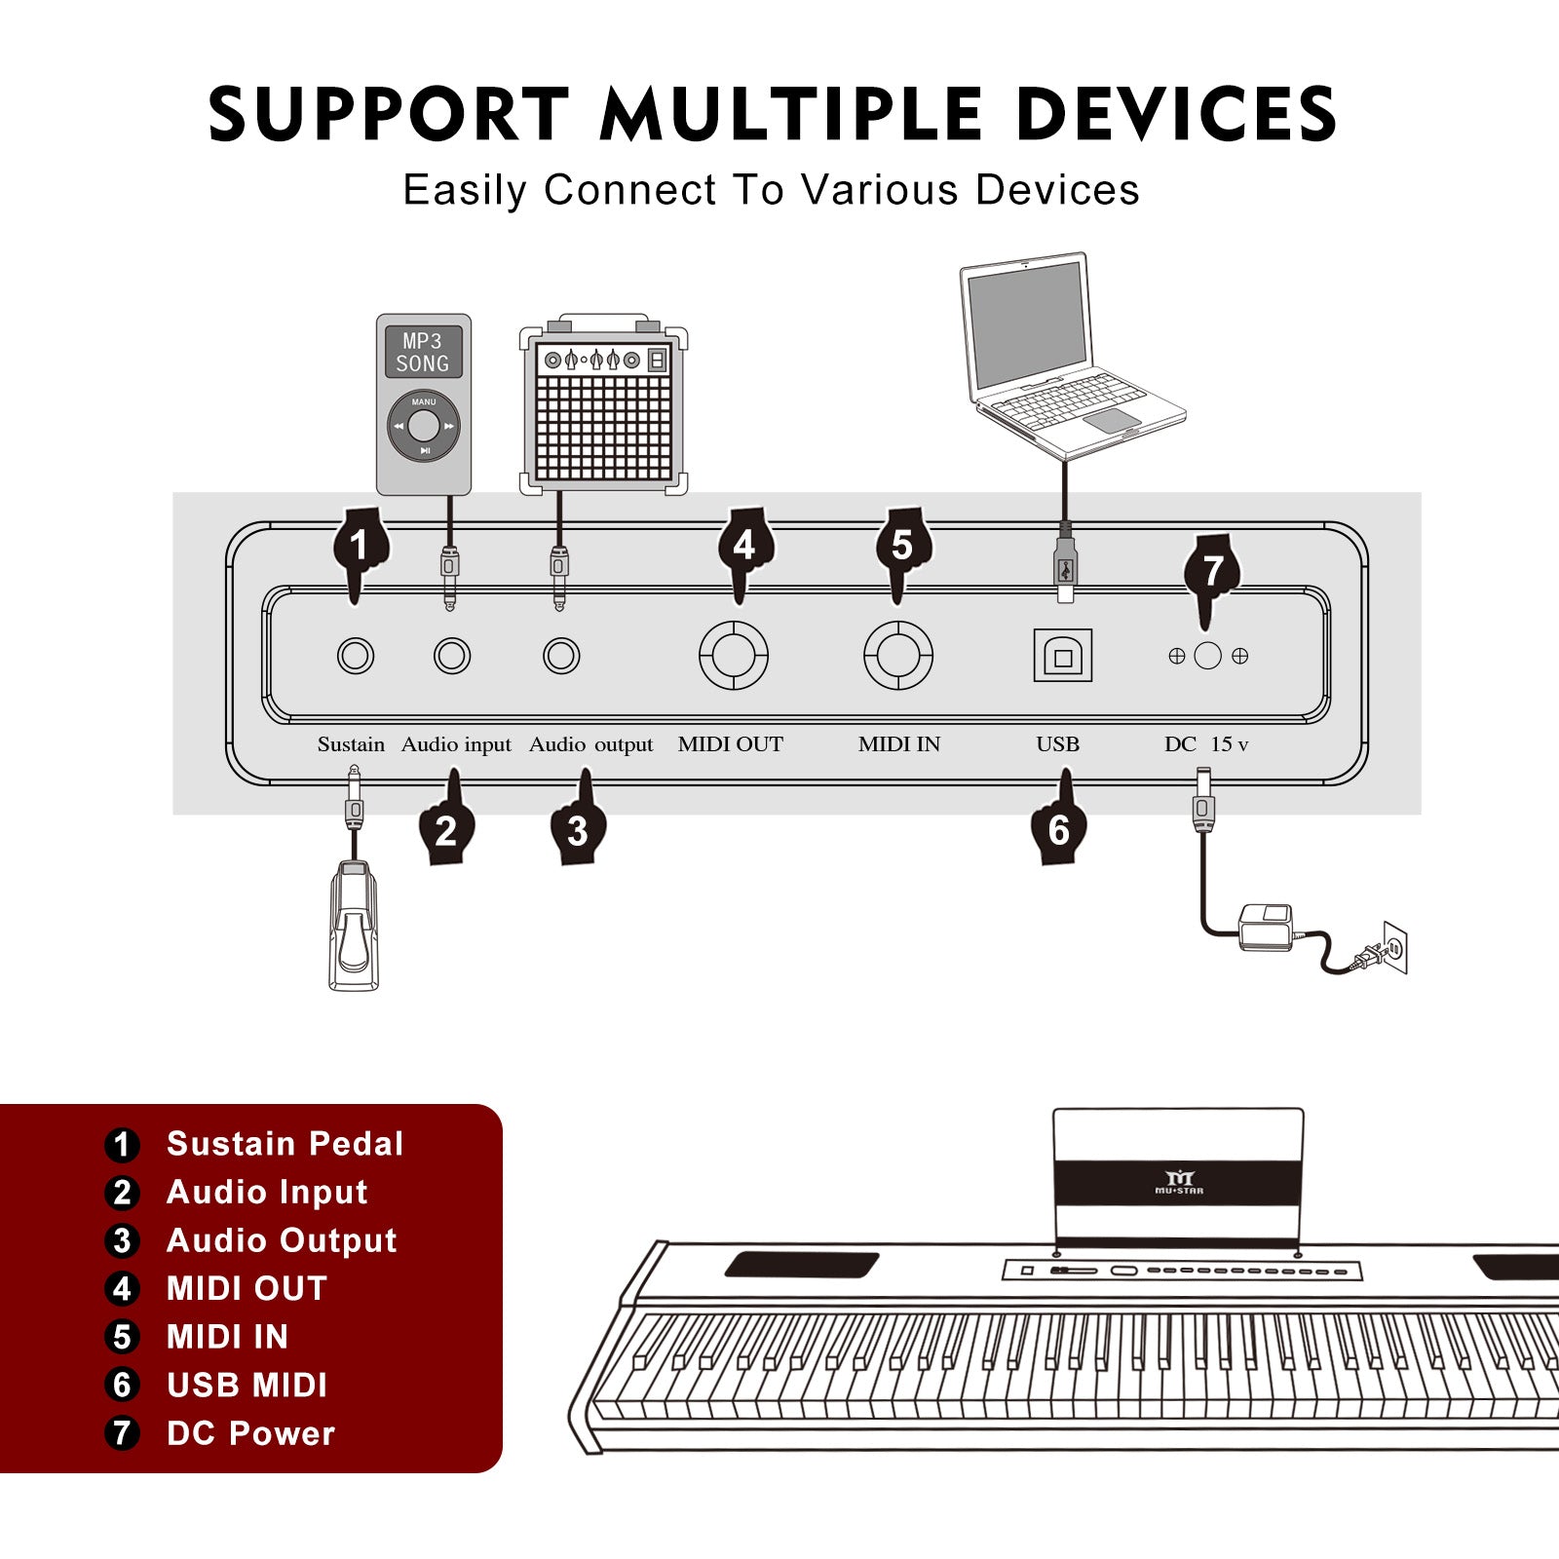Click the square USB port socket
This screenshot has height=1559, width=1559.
tap(1062, 656)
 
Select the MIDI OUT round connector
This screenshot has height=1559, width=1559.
tap(734, 656)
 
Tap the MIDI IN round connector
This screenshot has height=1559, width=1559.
tap(898, 656)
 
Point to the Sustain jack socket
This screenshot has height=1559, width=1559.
tap(355, 656)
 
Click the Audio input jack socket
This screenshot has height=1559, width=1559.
tap(452, 656)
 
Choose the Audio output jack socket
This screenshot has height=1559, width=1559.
tap(561, 656)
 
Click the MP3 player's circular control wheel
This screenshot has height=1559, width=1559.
tap(424, 426)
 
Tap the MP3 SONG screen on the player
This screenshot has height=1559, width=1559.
tap(423, 353)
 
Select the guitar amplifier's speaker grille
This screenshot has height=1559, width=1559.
tap(603, 427)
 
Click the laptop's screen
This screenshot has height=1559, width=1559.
tap(1026, 326)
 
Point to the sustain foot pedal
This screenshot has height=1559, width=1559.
tap(354, 926)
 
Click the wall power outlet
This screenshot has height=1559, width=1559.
tap(1395, 947)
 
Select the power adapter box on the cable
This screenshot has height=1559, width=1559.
tap(1266, 926)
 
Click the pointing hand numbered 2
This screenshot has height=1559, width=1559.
tap(447, 826)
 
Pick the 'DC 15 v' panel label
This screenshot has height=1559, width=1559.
tap(1205, 744)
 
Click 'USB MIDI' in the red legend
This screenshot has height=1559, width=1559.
tap(247, 1385)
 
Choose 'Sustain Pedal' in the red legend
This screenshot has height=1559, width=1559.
tap(285, 1143)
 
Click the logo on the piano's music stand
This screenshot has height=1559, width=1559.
tap(1179, 1183)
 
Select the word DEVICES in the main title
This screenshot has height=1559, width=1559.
tap(1176, 115)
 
